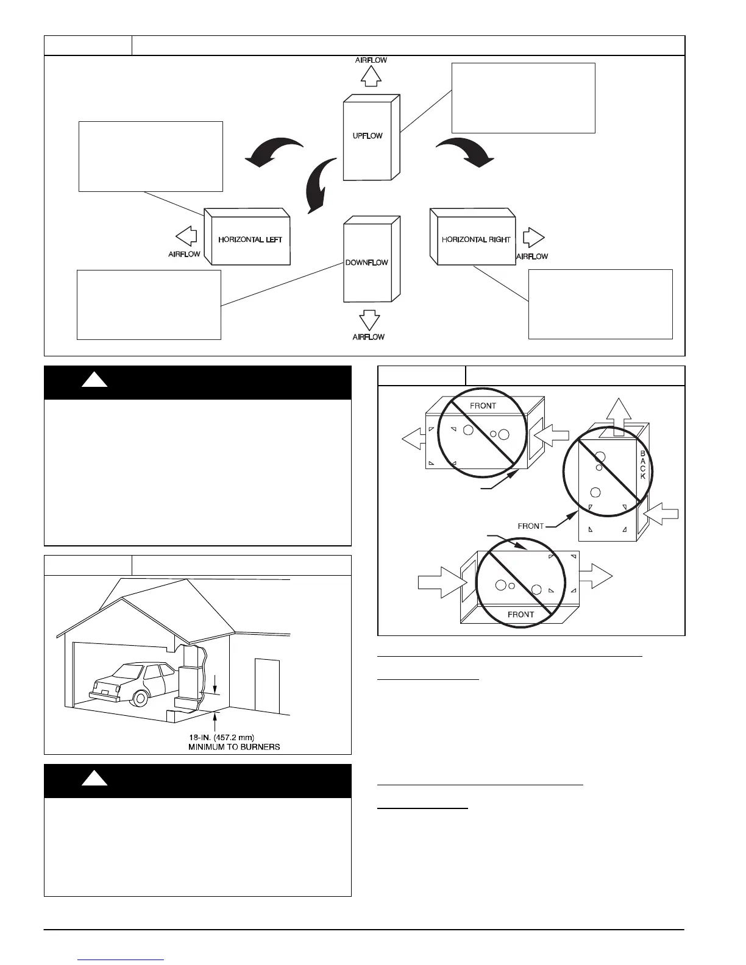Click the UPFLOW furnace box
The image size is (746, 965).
click(x=368, y=137)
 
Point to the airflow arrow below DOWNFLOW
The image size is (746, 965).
click(x=369, y=320)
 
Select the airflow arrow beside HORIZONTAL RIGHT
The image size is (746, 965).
click(x=533, y=237)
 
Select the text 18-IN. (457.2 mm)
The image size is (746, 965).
click(x=217, y=737)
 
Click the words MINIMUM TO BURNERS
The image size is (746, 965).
click(x=234, y=747)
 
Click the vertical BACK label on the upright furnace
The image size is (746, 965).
click(x=643, y=465)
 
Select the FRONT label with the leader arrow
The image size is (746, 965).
click(x=531, y=526)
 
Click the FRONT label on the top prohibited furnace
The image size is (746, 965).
click(x=483, y=406)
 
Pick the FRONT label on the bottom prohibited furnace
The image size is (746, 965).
click(x=520, y=615)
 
